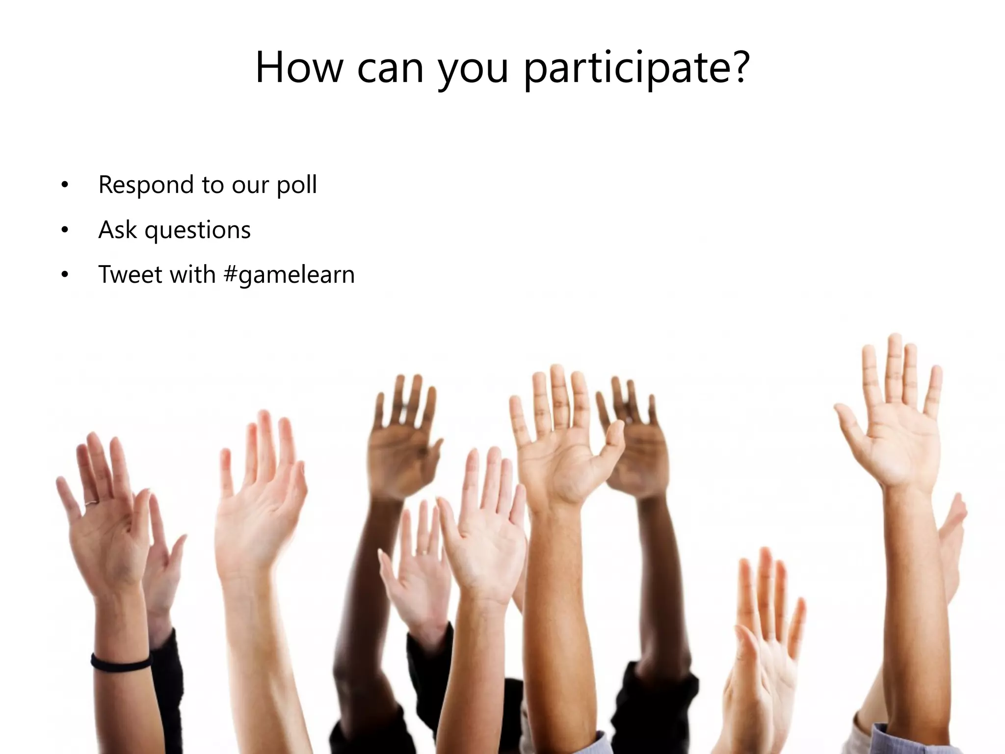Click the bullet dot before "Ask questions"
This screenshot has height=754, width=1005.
click(65, 230)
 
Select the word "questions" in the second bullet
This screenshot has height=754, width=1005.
click(197, 230)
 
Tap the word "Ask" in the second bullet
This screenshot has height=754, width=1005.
click(117, 229)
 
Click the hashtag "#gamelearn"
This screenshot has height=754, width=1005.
click(289, 274)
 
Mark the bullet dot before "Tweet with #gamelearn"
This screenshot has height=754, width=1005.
click(65, 275)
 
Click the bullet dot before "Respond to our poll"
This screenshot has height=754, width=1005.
click(65, 185)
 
